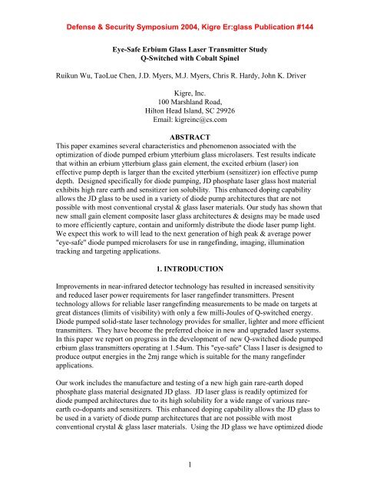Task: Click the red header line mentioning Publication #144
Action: click(x=190, y=15)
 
